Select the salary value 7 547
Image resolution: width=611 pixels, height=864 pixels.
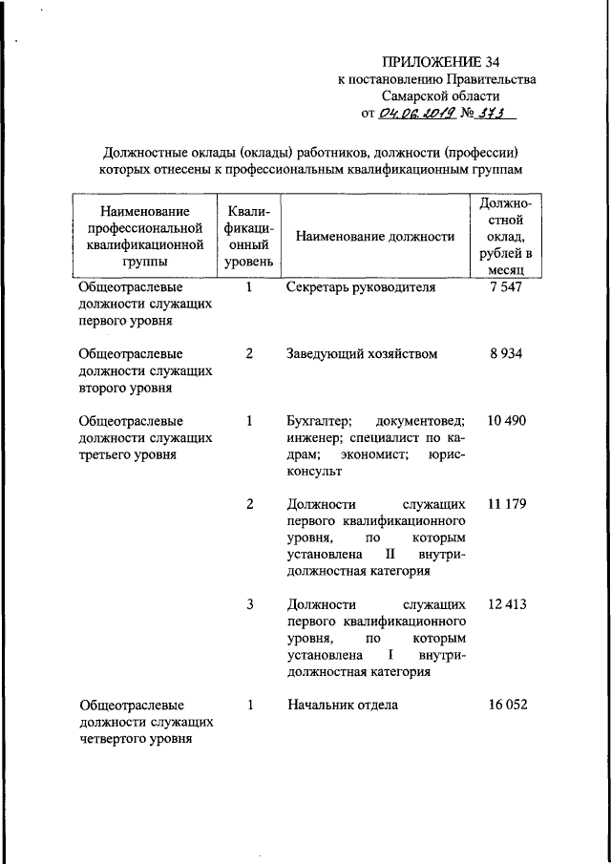click(505, 286)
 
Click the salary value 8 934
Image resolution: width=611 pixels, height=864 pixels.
click(505, 353)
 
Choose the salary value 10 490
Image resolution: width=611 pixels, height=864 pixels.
click(505, 420)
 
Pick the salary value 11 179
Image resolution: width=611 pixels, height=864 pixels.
click(505, 503)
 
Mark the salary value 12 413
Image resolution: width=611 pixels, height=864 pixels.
click(505, 604)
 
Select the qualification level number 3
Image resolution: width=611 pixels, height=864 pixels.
click(249, 604)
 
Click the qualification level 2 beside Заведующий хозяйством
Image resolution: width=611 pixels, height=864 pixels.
click(249, 353)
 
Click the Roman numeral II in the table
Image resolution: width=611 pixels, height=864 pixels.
click(390, 555)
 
